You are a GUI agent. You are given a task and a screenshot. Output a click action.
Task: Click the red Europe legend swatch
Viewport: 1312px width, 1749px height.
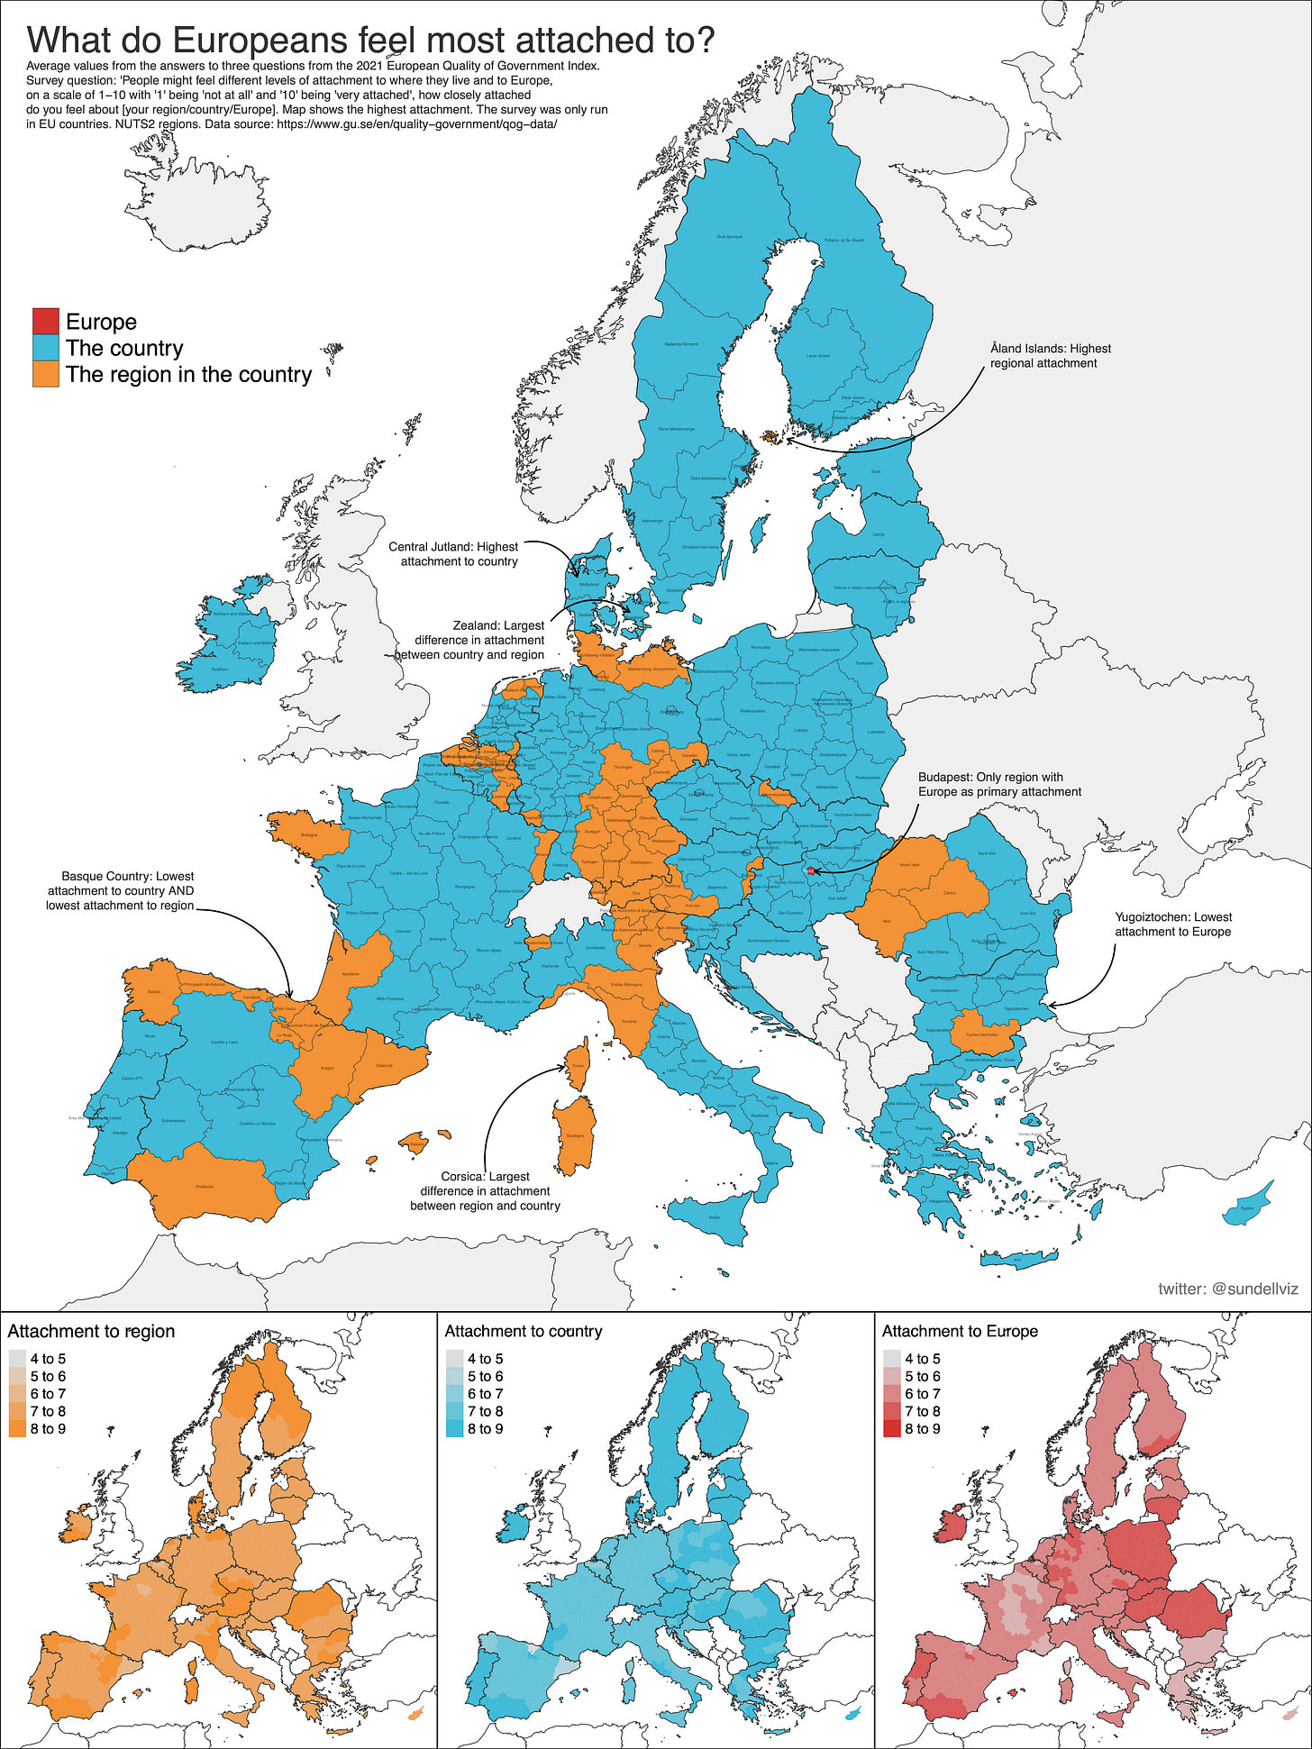[45, 322]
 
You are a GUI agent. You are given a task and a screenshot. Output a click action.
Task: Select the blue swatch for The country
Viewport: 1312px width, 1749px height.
[45, 348]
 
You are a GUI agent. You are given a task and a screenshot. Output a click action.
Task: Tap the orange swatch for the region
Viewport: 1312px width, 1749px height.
[45, 374]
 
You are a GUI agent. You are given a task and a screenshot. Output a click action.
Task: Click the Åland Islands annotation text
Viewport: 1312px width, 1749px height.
[1050, 356]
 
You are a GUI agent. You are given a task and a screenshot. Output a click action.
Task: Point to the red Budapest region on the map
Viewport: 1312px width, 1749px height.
[812, 871]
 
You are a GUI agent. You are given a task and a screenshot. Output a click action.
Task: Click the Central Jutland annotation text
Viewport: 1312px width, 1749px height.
[454, 553]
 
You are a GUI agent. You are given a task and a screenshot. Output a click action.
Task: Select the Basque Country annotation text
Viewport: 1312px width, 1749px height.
[121, 890]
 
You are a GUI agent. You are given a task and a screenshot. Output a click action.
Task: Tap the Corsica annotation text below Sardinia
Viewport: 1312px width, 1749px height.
[485, 1190]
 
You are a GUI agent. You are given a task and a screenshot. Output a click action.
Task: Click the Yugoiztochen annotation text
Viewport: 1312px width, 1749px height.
[1172, 924]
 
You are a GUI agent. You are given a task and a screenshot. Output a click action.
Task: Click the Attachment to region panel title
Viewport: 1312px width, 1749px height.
[91, 1331]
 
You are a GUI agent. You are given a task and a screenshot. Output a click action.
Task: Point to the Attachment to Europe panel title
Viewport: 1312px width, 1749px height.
[960, 1331]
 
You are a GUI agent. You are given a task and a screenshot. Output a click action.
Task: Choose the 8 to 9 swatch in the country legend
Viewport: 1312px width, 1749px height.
[454, 1429]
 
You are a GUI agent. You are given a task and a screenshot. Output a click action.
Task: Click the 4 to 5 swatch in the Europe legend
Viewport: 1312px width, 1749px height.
[891, 1359]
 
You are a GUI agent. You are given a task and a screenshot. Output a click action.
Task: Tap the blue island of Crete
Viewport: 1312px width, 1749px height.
[1018, 1259]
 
